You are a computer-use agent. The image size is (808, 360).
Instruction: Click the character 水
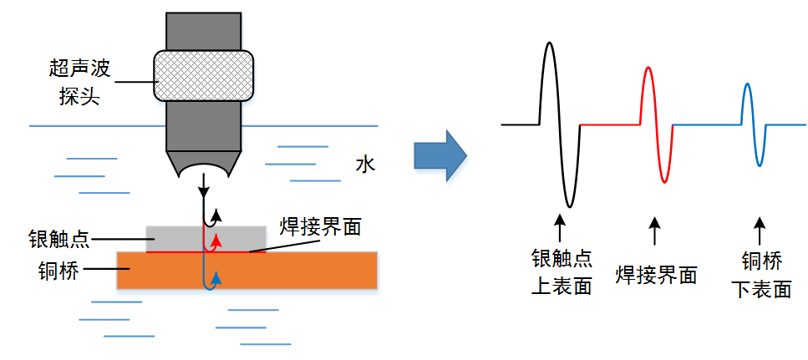tap(364, 164)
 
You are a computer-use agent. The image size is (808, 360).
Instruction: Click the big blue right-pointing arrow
tap(440, 155)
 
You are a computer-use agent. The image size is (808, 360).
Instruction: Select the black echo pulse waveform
tap(559, 124)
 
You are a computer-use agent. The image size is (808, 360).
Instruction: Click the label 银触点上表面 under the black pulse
tap(562, 272)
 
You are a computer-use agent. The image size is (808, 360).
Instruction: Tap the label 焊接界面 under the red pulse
tap(656, 274)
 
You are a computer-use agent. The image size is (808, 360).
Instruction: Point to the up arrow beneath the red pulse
tap(655, 227)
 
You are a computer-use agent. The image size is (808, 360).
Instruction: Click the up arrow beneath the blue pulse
tap(760, 227)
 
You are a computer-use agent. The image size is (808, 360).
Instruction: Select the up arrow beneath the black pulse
tap(560, 227)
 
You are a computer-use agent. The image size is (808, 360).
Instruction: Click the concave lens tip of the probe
tap(204, 166)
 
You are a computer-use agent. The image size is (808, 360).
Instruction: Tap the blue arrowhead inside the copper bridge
tap(216, 276)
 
